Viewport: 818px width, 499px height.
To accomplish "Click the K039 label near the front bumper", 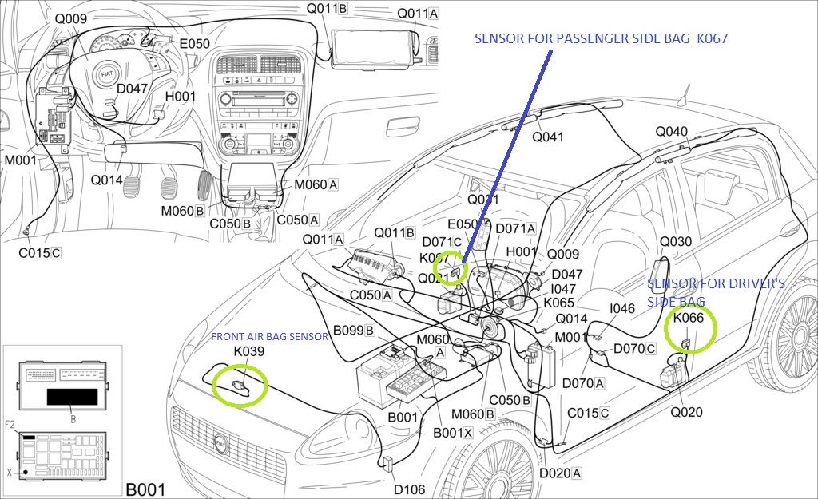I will coord(249,351).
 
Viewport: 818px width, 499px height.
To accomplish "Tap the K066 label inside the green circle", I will coord(689,318).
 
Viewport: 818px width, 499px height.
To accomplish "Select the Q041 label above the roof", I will coord(548,137).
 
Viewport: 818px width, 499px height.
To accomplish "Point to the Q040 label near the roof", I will coord(671,132).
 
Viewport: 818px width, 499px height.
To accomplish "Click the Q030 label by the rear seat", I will coord(676,242).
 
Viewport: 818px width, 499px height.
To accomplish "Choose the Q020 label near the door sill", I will coord(686,412).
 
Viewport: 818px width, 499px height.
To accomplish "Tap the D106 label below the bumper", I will coord(409,489).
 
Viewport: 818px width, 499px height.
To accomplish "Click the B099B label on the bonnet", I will coord(354,330).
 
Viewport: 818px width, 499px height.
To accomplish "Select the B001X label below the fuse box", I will coord(453,432).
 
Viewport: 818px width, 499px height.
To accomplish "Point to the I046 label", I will coord(622,308).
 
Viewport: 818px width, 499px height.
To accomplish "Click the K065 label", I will coord(558,303).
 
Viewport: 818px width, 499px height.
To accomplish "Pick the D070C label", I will coord(634,348).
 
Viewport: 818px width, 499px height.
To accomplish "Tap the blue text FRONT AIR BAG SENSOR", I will coord(269,337).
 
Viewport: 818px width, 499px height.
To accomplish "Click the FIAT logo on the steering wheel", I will coord(107,73).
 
